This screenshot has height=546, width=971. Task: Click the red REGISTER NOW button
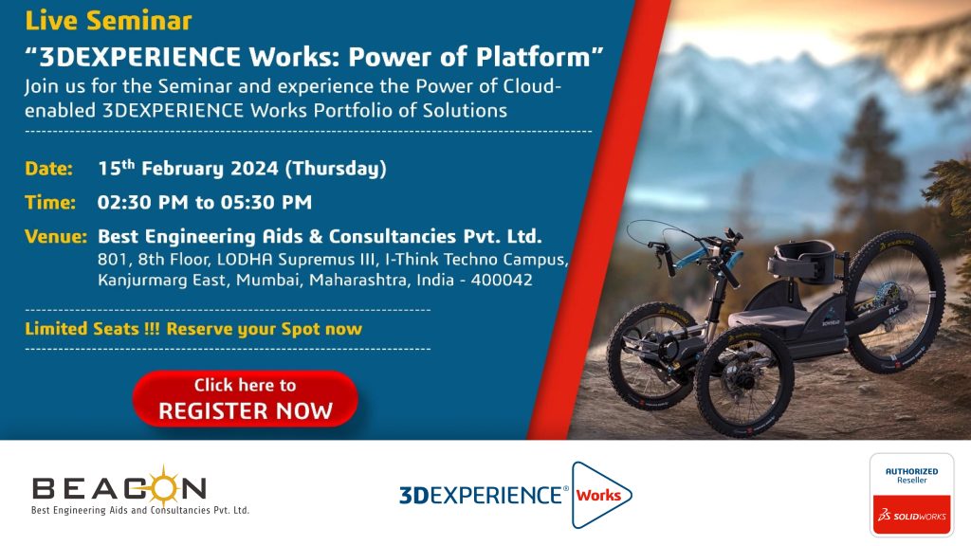point(246,399)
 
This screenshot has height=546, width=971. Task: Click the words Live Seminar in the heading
point(108,21)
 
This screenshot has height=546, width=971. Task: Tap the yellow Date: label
point(49,169)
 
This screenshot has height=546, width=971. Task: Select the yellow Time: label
point(50,203)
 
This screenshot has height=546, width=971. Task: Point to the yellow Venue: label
point(56,236)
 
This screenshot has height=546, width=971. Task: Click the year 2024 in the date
point(254,169)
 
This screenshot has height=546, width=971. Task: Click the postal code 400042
point(501,280)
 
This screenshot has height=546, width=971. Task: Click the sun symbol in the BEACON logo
point(163,487)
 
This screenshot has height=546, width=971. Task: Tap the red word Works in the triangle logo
point(598,495)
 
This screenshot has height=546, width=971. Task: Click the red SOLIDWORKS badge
point(911,515)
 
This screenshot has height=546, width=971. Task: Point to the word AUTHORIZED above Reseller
point(911,471)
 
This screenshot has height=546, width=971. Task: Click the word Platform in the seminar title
point(533,57)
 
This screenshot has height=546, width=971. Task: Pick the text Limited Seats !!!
point(92,329)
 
